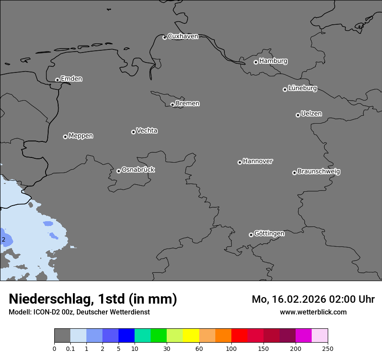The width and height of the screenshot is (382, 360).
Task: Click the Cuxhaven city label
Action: click(183, 36)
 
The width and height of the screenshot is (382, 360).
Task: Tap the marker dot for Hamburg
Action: click(256, 62)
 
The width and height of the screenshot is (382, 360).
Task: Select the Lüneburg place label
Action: click(302, 88)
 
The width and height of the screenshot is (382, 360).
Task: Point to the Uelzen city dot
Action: click(298, 115)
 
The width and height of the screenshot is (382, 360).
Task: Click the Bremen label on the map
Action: click(188, 103)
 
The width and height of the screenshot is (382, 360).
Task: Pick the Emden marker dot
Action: click(57, 80)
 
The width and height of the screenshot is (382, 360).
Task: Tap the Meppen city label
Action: click(81, 136)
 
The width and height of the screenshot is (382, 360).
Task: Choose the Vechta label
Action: click(147, 131)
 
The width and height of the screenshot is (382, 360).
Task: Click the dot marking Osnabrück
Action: click(119, 171)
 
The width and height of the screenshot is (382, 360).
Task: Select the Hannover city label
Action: click(257, 161)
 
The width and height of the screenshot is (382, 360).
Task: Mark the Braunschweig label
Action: click(319, 171)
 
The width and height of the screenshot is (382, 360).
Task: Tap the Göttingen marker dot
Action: click(251, 235)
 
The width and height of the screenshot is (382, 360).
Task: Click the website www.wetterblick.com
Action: click(313, 312)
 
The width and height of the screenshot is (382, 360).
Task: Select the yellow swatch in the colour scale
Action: click(191, 336)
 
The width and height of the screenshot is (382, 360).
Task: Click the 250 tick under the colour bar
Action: click(328, 348)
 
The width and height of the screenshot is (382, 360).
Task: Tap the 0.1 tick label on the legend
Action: click(70, 348)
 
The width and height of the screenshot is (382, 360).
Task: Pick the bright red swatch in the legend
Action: click(239, 336)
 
